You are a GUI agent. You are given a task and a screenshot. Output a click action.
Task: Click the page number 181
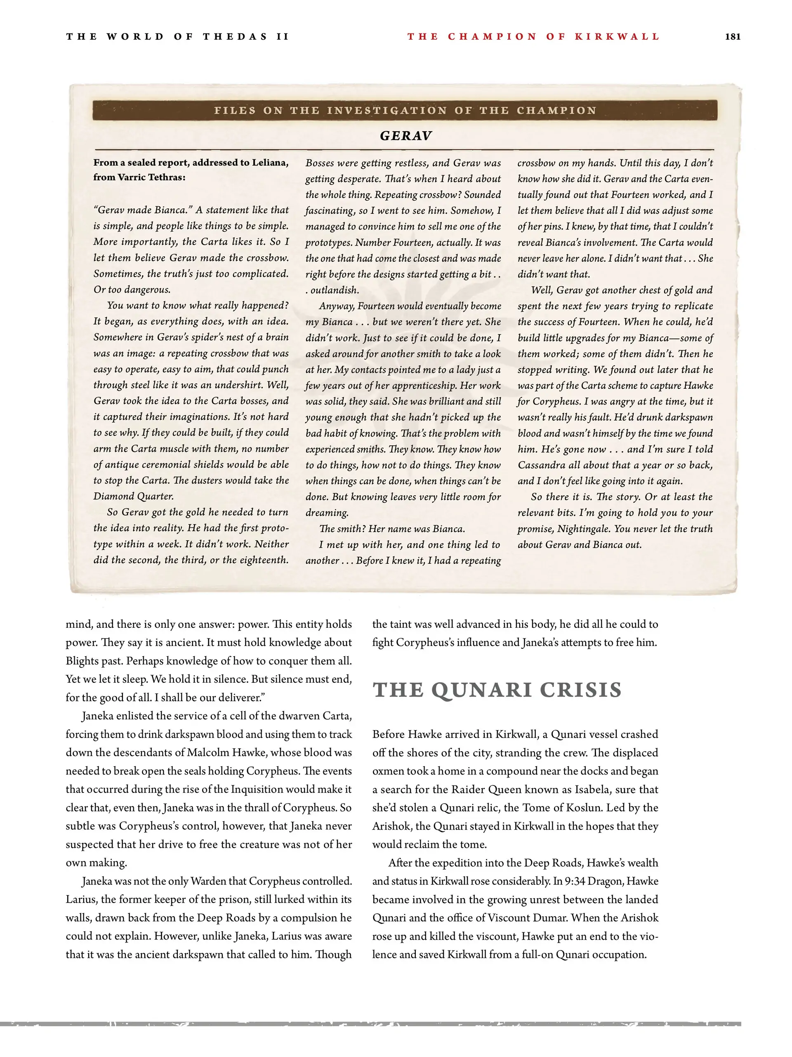click(x=732, y=36)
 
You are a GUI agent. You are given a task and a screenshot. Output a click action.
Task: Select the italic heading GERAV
click(x=405, y=136)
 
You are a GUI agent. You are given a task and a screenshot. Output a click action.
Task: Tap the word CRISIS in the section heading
click(x=581, y=690)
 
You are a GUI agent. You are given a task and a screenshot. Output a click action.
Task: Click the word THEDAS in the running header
click(x=235, y=36)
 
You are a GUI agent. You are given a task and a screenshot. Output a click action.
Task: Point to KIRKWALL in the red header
click(x=617, y=36)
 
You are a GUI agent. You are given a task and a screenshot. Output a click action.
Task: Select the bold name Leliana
click(x=270, y=163)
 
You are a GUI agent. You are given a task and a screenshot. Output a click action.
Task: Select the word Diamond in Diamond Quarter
click(x=112, y=496)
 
